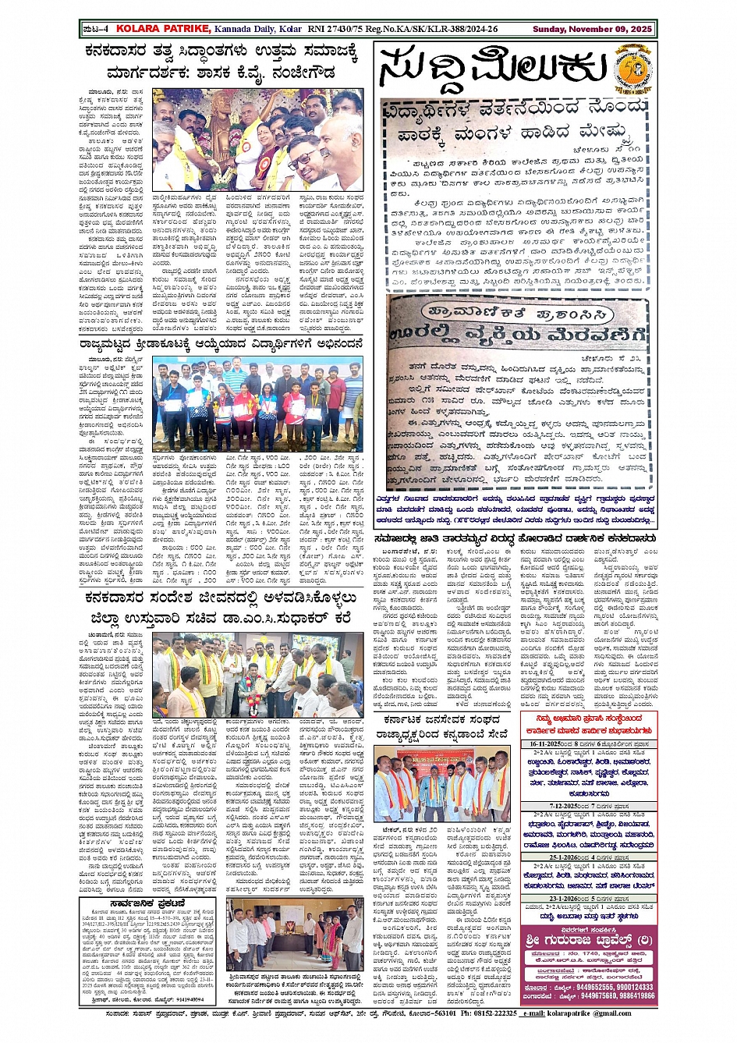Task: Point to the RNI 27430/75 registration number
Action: (335, 29)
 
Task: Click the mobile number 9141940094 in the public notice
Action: (190, 999)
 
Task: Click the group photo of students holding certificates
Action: (246, 404)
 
